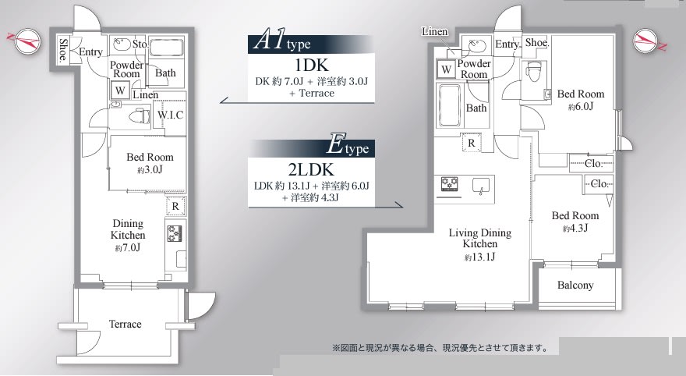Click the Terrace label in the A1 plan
126,324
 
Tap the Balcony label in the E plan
575,286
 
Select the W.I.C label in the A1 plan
170,115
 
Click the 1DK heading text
312,66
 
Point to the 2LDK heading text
311,169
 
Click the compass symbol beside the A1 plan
24,41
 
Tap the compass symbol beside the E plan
649,41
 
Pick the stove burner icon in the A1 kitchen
175,233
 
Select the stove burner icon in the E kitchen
449,183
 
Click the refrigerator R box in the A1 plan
175,206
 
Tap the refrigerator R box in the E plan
471,143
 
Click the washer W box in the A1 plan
120,91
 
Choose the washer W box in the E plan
446,69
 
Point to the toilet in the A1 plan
138,116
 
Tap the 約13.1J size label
480,257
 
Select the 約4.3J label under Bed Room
575,228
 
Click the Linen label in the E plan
435,31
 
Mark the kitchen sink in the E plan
480,186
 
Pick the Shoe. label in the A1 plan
63,49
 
